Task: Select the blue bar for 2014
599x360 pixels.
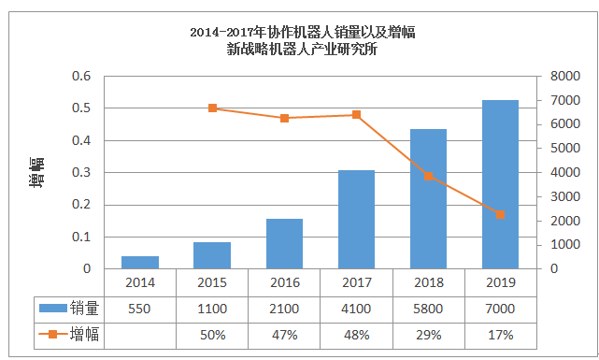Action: coord(140,262)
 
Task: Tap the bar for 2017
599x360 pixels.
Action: coord(356,220)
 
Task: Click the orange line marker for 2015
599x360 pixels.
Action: coord(212,108)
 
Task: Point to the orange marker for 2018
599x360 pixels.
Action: coord(428,176)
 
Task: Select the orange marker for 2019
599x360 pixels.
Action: coord(500,214)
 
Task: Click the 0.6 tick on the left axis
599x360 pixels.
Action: coord(82,77)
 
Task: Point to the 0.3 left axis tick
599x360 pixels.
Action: coord(82,173)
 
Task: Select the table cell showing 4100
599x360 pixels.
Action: coord(356,308)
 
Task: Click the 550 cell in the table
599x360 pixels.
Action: coord(140,308)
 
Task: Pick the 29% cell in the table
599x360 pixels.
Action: coord(428,334)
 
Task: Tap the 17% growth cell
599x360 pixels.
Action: coord(500,334)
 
